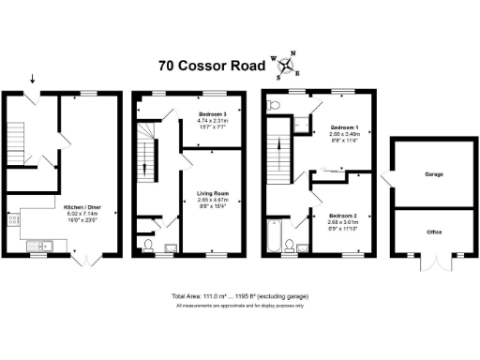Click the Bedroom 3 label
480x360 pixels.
(x=214, y=119)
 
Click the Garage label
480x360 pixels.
(x=433, y=174)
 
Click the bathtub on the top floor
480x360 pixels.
(x=274, y=236)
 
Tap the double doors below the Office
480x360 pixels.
(x=432, y=263)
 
